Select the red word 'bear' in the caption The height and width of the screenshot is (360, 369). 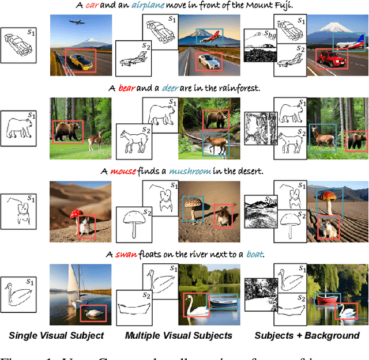[x=126, y=89]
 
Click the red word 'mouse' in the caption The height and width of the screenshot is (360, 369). [x=121, y=172]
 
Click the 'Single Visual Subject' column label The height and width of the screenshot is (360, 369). [x=56, y=335]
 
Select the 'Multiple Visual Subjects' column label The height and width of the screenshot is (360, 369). [x=178, y=335]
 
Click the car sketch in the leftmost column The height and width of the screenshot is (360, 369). [x=19, y=45]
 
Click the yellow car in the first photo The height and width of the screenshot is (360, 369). [x=80, y=60]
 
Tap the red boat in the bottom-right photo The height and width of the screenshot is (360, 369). [x=327, y=300]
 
